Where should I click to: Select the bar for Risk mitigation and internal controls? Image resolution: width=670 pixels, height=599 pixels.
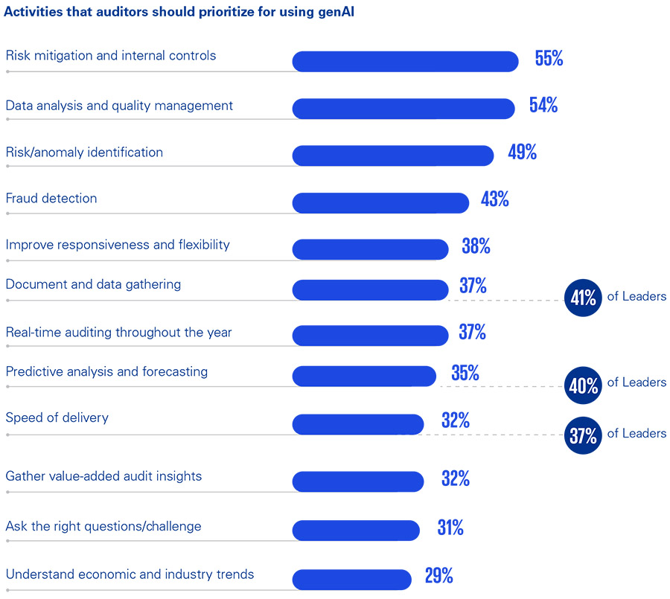point(405,62)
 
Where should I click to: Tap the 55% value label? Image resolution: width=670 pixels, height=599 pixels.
point(549,60)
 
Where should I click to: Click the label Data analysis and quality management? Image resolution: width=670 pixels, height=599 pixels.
point(119,106)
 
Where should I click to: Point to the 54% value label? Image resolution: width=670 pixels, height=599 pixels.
point(543,106)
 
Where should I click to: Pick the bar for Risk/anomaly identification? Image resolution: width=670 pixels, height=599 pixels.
point(393,156)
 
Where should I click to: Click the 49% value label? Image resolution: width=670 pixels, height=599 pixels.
point(522,153)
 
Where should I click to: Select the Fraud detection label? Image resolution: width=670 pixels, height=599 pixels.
point(51,199)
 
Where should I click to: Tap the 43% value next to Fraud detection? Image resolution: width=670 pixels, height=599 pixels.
point(494,199)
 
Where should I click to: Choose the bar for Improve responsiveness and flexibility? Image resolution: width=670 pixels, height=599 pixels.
point(370,249)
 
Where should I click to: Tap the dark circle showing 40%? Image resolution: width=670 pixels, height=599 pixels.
point(583,386)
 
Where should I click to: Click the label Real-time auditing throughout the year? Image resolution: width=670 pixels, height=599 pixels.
point(118,333)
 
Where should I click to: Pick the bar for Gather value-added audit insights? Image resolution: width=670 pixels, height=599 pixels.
point(358,481)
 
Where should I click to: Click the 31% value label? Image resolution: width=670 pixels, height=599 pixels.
point(450,528)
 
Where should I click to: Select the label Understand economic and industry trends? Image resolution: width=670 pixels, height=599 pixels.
point(130,574)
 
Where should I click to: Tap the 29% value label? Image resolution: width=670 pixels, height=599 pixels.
point(438,576)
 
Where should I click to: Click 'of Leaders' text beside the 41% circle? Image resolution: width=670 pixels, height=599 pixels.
point(636,297)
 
